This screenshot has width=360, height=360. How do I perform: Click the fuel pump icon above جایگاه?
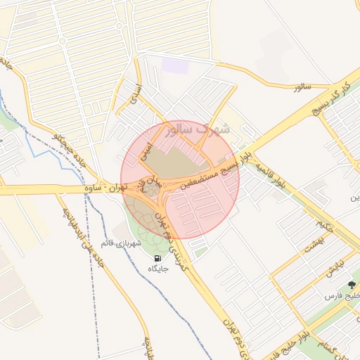tap(155, 258)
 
